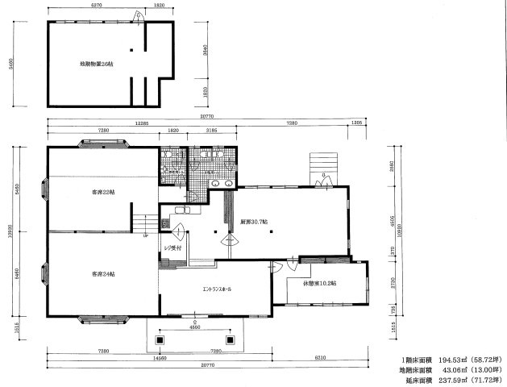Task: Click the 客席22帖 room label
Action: point(102,192)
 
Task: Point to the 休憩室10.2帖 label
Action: point(320,283)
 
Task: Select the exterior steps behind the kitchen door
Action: point(322,166)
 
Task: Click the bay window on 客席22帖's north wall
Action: point(102,145)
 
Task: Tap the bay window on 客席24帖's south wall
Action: point(102,320)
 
